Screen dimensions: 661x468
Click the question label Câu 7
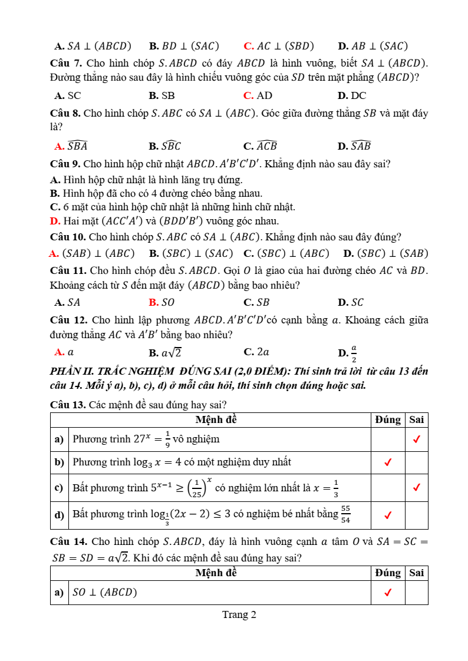(x=65, y=63)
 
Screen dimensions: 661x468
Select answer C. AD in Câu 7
(x=258, y=95)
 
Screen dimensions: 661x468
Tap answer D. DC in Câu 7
(x=352, y=95)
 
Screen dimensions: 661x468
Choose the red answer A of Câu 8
(x=71, y=146)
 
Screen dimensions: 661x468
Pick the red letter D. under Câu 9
(x=55, y=221)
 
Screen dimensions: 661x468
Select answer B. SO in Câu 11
(x=162, y=302)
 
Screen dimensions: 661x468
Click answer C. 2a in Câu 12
(x=256, y=352)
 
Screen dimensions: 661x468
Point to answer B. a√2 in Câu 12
(x=165, y=353)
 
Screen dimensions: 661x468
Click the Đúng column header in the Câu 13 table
(x=388, y=419)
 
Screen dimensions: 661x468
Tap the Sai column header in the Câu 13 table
(x=417, y=419)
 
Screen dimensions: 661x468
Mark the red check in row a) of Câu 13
(x=417, y=439)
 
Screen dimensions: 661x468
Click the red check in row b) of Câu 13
(x=388, y=462)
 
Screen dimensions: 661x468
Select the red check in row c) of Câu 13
(x=417, y=488)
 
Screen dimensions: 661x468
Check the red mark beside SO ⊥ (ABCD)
(x=388, y=593)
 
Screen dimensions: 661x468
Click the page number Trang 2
(x=239, y=614)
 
